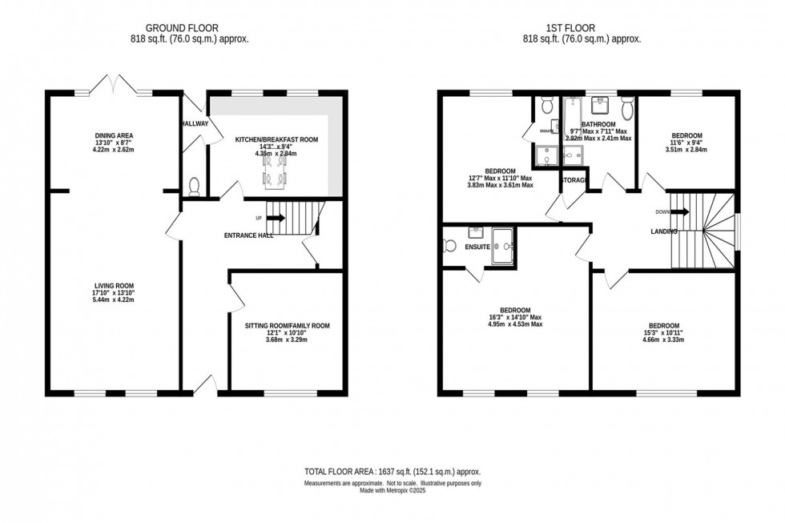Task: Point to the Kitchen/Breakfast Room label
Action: click(x=276, y=139)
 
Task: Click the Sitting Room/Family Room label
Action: click(x=287, y=326)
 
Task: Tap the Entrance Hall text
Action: click(x=249, y=235)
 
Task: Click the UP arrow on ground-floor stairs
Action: click(x=276, y=217)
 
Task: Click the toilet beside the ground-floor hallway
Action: click(x=193, y=186)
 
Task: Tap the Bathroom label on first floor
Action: click(x=598, y=125)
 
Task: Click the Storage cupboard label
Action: click(x=574, y=180)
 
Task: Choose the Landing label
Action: click(x=665, y=231)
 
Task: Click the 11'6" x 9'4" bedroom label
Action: click(x=687, y=135)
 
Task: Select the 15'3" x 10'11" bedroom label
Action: click(x=665, y=326)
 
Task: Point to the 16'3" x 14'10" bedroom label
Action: click(x=515, y=311)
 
